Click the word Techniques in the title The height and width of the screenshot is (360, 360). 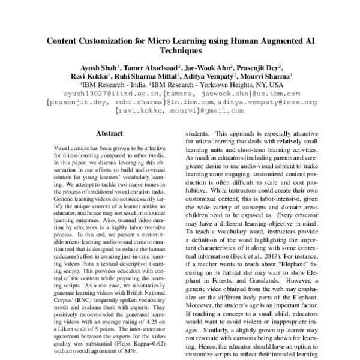(x=180, y=53)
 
